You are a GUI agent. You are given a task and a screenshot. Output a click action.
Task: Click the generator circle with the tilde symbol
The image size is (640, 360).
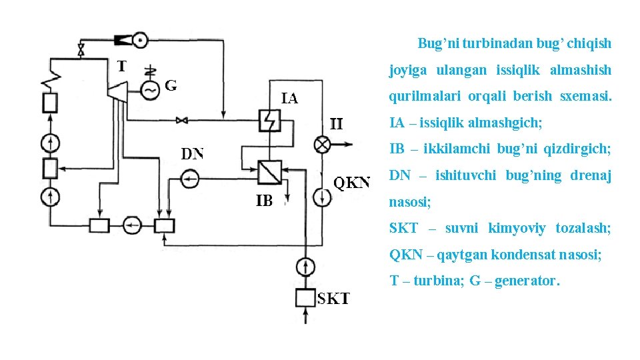coord(150,89)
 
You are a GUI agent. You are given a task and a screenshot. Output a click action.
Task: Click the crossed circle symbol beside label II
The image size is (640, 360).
coord(323,145)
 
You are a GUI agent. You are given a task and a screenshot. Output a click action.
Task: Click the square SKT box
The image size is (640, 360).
coord(305,297)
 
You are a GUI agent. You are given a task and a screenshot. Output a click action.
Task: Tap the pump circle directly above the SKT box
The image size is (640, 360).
coord(305,267)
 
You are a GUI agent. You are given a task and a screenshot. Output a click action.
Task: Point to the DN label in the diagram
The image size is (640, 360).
coord(193,154)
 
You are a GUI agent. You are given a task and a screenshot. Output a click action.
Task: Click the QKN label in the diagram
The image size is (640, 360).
coord(351,182)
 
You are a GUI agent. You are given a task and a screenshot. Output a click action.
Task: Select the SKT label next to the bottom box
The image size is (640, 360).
coord(333,299)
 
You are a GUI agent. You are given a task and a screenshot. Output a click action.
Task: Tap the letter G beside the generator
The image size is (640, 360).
coord(171,85)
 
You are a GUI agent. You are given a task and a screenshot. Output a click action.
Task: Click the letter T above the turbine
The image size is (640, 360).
coord(121,65)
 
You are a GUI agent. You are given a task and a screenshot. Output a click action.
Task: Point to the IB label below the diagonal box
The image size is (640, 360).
coord(264,200)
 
